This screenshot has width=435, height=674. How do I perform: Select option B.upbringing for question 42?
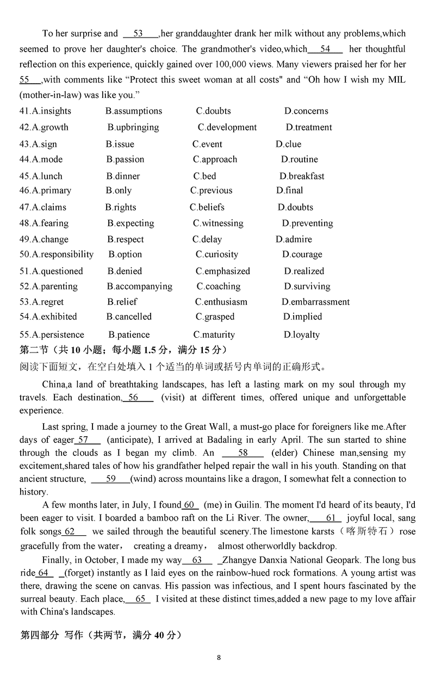coord(133,127)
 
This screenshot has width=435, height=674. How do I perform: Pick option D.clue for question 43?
coord(288,144)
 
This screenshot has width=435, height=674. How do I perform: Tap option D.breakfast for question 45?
coord(302,176)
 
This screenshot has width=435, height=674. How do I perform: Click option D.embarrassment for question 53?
coord(315,302)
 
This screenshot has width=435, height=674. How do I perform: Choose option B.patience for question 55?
coord(129,335)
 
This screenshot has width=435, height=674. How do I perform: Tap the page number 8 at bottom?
coord(219,657)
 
